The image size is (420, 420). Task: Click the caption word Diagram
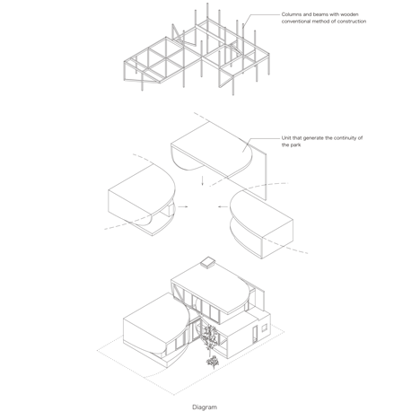click(x=205, y=407)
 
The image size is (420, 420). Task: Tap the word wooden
click(x=349, y=14)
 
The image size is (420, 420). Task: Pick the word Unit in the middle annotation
click(x=286, y=138)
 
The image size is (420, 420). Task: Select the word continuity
click(x=346, y=138)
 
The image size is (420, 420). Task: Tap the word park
click(x=295, y=145)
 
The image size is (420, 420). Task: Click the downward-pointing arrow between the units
click(x=202, y=180)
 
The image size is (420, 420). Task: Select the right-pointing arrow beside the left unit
click(x=183, y=206)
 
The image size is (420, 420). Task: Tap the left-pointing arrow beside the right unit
click(x=222, y=206)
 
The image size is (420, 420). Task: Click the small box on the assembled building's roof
click(x=208, y=262)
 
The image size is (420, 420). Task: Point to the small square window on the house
click(x=264, y=328)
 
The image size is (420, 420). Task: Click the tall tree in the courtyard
click(x=209, y=338)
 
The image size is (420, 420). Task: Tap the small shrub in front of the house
click(x=213, y=363)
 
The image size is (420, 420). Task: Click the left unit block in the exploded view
click(x=142, y=198)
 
